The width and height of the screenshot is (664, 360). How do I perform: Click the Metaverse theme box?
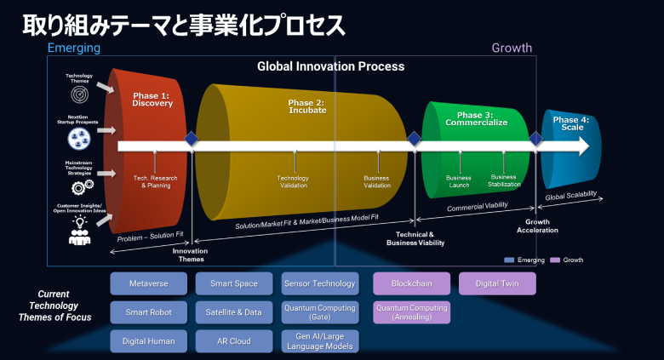149,283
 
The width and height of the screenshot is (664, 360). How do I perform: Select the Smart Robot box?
149,312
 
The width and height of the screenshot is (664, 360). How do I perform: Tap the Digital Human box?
149,341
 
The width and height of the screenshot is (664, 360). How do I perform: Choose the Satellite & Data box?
235,312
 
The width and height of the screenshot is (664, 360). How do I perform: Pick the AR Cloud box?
235,341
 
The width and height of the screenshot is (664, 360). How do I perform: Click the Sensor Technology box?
320,283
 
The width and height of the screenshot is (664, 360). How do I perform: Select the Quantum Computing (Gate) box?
320,312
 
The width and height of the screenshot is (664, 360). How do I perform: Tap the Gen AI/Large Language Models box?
320,341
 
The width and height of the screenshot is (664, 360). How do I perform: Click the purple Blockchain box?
412,283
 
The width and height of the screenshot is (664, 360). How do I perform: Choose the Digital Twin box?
497,283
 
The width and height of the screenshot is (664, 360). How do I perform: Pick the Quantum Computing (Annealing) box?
412,312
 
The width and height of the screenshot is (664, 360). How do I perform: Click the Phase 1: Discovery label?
152,100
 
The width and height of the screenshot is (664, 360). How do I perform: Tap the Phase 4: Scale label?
570,123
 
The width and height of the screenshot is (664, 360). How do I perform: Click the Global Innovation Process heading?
331,66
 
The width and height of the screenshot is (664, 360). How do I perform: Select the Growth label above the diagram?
512,49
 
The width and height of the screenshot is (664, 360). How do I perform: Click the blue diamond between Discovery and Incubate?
192,140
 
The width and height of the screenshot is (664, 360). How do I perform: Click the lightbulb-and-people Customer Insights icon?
80,231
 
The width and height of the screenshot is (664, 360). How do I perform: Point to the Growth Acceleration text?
536,226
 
